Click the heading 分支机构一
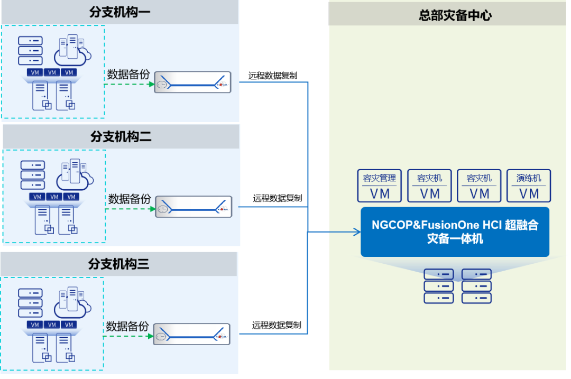(x=119, y=12)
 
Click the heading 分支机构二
(x=121, y=137)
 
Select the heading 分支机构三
(x=118, y=264)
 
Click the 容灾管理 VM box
(x=380, y=186)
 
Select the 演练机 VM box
(x=529, y=186)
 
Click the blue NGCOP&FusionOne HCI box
(x=455, y=232)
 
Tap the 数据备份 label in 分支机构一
(x=128, y=74)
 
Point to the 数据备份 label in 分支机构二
(x=130, y=199)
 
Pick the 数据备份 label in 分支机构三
(x=127, y=326)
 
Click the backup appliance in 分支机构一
(x=193, y=82)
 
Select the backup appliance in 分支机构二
(x=194, y=207)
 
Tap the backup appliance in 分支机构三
(x=192, y=335)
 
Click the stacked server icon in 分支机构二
(x=32, y=174)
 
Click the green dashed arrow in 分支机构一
(x=129, y=85)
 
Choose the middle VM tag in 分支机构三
(x=51, y=325)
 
